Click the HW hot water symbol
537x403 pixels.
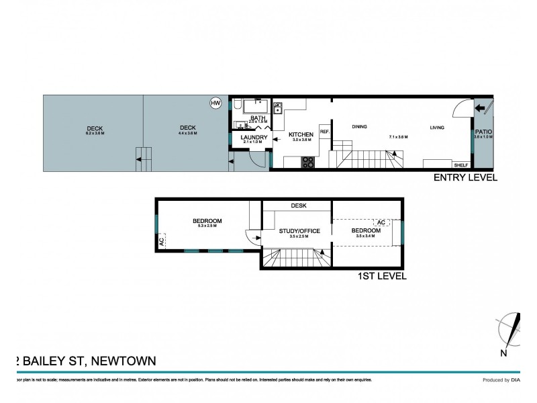pos(215,103)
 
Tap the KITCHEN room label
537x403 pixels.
pos(301,134)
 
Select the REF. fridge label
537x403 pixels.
pos(324,132)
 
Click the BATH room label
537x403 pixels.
pos(258,118)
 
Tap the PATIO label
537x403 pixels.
pos(483,132)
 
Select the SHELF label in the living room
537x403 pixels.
pos(460,165)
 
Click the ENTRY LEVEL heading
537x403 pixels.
pos(465,178)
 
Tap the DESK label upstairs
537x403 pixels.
pos(299,206)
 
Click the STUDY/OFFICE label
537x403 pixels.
pos(299,231)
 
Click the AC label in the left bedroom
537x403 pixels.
pos(161,240)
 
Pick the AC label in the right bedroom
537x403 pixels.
pos(381,222)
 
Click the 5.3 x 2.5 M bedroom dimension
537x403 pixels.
pos(207,226)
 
